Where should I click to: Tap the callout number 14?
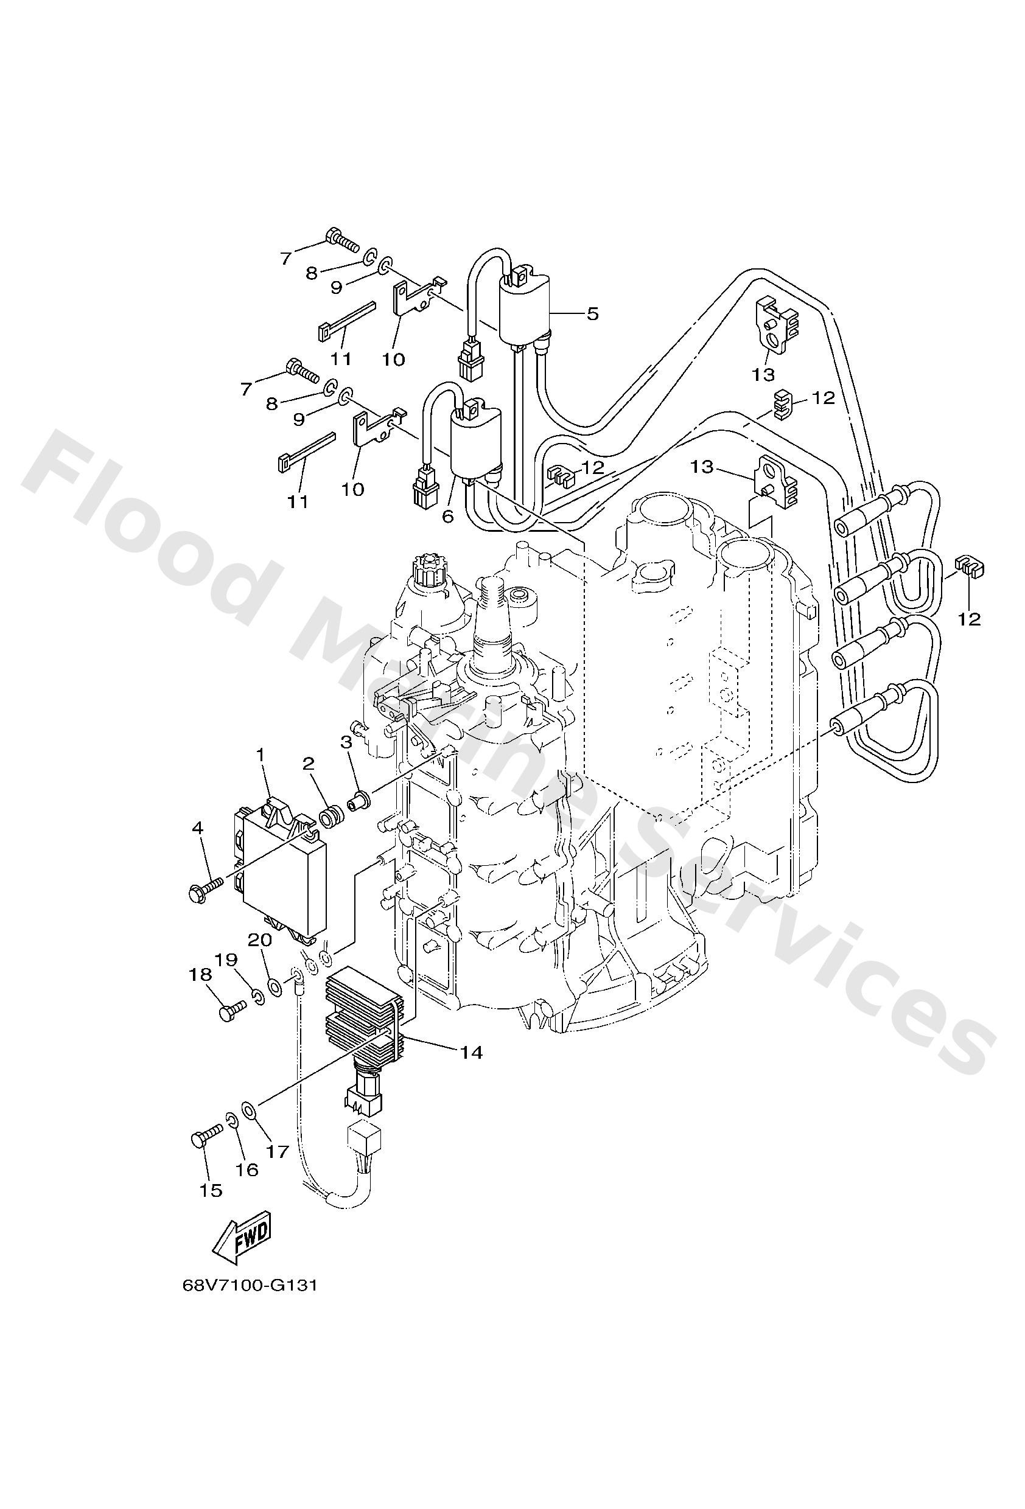tap(472, 1053)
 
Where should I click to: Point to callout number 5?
tap(592, 313)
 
